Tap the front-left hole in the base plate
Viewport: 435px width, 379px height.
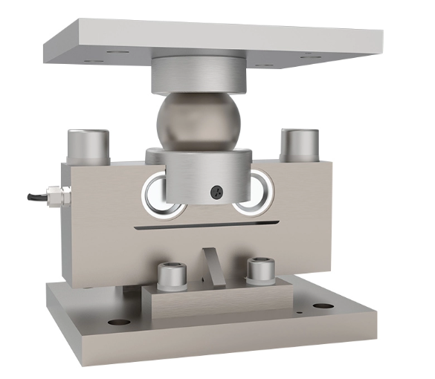click(118, 321)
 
